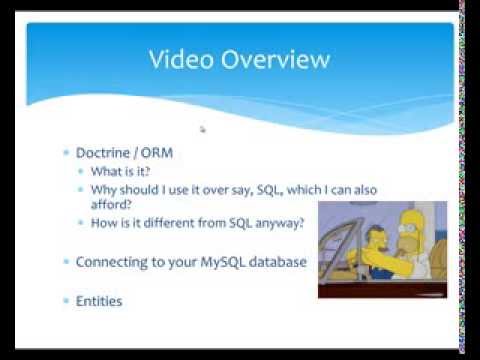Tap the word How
(x=105, y=222)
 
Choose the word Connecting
(x=115, y=262)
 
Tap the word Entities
(x=99, y=300)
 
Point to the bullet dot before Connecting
(x=66, y=262)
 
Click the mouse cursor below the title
(x=203, y=129)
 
